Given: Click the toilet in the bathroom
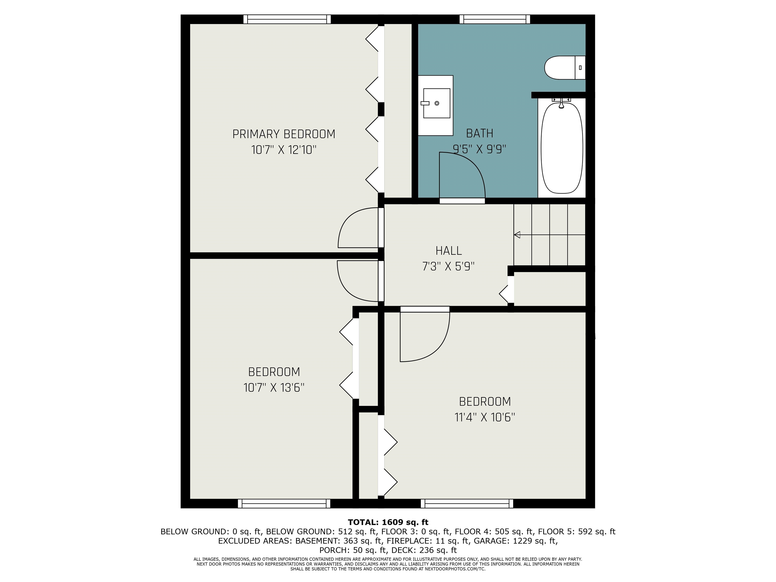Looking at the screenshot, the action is tap(565, 67).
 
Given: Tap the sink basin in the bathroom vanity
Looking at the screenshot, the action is tap(437, 103).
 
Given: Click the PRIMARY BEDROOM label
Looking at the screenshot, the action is tap(284, 134).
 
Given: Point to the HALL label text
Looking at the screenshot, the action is tap(448, 251).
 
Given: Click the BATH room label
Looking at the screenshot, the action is tap(479, 133).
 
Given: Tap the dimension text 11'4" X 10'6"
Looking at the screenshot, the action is tap(485, 417).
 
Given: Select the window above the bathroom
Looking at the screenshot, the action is tap(495, 19).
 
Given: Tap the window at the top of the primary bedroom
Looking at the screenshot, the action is tap(287, 19).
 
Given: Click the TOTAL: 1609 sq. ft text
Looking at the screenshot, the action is tap(388, 522).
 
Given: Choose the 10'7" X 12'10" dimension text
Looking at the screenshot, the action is tap(284, 150).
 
